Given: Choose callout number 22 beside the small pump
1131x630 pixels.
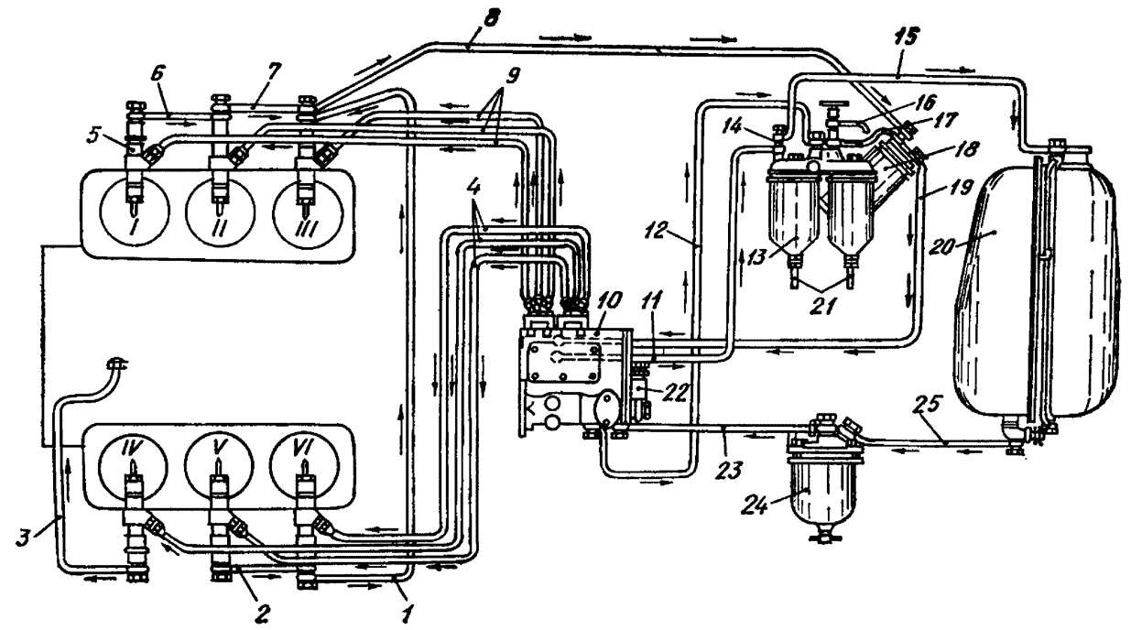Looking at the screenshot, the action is click(x=675, y=394).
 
